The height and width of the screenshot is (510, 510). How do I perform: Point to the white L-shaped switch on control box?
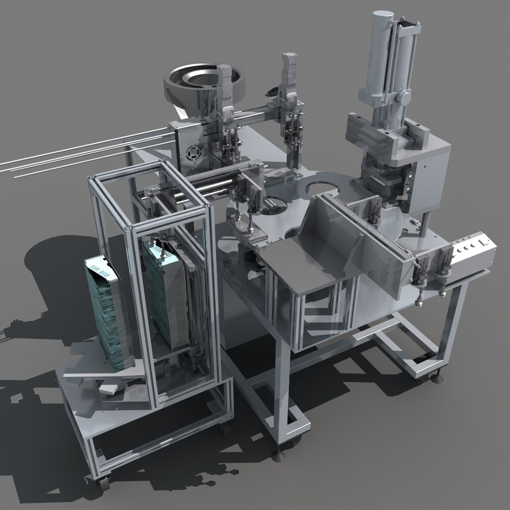(x=483, y=242)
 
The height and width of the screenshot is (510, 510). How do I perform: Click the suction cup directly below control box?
(x=442, y=293)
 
